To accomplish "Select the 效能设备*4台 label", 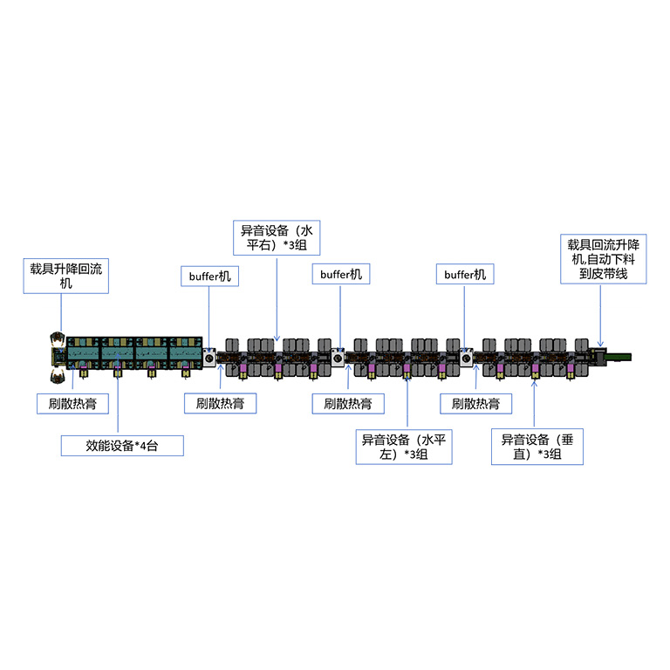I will pyautogui.click(x=121, y=445).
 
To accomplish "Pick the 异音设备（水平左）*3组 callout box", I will pyautogui.click(x=404, y=447).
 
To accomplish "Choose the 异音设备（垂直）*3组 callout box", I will pyautogui.click(x=537, y=447).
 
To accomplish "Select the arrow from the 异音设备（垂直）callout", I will pyautogui.click(x=533, y=402).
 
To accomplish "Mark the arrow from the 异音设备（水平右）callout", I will pyautogui.click(x=277, y=297).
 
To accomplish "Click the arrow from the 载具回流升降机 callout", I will pyautogui.click(x=601, y=313).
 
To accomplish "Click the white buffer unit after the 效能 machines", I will pyautogui.click(x=210, y=358).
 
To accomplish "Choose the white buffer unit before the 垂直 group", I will pyautogui.click(x=466, y=358).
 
